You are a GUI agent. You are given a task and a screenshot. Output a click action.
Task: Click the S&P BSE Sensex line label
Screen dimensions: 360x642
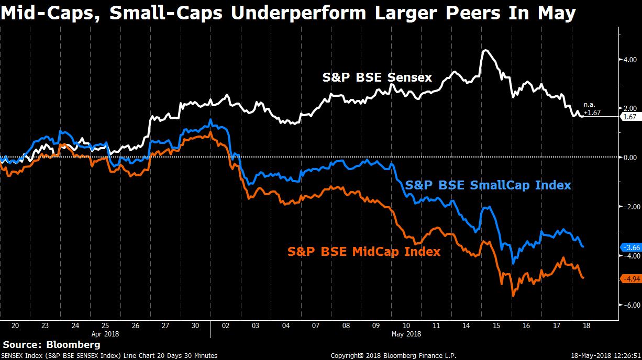(377, 78)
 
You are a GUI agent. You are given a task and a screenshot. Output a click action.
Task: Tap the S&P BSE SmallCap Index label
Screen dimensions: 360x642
(488, 185)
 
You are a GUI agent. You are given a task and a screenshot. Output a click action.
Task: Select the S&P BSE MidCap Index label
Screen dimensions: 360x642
(364, 251)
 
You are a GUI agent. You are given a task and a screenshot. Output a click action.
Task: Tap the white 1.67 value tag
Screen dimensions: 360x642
(628, 117)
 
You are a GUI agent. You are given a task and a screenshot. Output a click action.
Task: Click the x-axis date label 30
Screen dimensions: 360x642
(195, 325)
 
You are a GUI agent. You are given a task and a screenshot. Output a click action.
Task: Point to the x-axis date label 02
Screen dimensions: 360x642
(226, 325)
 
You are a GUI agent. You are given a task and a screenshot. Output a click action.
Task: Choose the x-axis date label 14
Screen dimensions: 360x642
(466, 325)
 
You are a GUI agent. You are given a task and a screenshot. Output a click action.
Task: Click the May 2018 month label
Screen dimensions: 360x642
(406, 333)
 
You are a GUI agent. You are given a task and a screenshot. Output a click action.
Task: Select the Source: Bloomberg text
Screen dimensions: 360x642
(51, 345)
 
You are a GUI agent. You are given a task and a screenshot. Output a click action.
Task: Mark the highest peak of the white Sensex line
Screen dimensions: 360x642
(485, 50)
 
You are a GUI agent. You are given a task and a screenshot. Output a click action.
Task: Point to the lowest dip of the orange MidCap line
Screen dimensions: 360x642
(513, 296)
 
